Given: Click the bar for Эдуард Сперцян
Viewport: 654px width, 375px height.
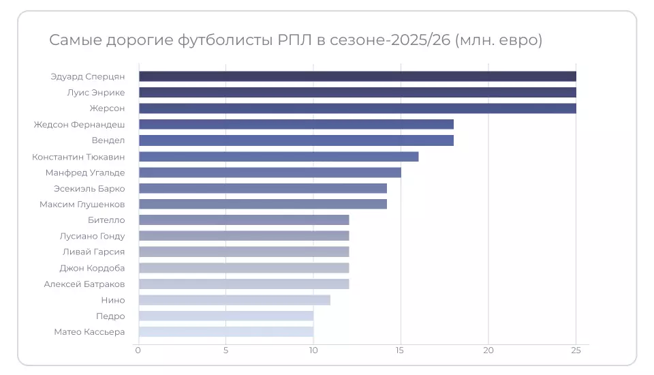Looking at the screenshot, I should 357,76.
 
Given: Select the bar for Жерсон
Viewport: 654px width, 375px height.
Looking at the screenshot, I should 357,108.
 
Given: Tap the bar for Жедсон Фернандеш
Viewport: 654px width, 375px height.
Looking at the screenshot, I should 296,124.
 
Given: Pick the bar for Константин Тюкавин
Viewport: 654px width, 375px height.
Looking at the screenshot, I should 278,156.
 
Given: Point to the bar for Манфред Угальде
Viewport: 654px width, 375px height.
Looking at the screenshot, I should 270,172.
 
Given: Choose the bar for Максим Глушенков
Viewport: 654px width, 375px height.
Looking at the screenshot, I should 262,204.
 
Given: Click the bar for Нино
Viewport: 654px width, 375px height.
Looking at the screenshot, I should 234,300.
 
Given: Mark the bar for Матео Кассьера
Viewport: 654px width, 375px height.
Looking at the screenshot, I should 225,332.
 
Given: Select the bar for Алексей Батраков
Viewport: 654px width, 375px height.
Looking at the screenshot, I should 243,284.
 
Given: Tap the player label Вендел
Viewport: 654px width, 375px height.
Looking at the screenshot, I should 108,140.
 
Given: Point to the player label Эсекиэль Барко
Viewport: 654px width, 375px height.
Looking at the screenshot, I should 89,188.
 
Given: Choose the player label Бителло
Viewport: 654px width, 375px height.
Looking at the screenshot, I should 106,220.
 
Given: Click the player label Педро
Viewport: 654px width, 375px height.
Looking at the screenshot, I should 110,316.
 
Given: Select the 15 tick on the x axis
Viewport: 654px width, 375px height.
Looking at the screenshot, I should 401,350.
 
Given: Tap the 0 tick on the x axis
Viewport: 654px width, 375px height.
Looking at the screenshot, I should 138,350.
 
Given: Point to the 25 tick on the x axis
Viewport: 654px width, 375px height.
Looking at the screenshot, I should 576,350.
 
